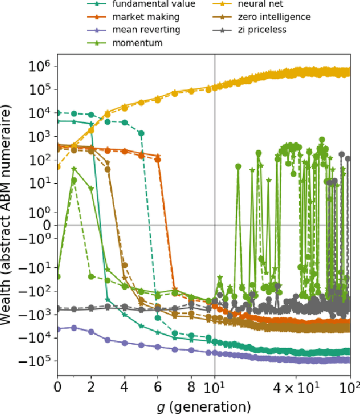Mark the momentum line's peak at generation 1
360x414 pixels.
click(74, 168)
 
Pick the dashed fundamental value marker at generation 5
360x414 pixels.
click(141, 133)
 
